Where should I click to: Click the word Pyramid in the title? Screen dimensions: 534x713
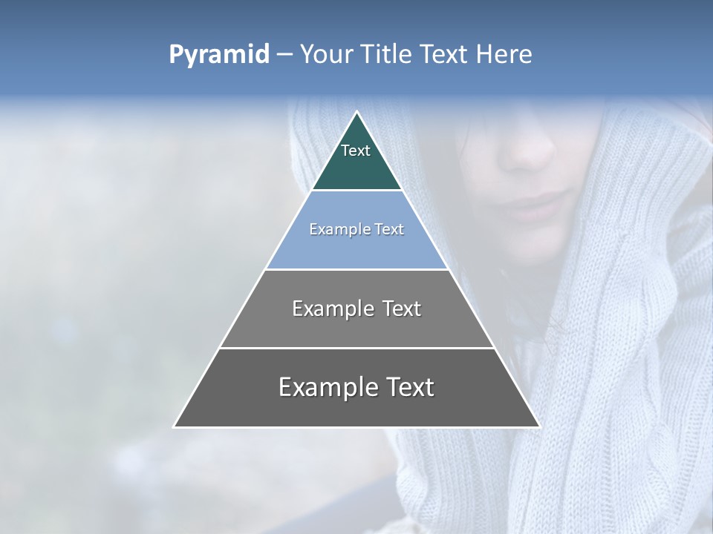tap(218, 55)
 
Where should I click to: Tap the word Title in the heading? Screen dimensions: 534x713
tap(387, 55)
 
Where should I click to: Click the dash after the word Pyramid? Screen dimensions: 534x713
tap(284, 56)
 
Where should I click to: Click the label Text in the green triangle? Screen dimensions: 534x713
tap(356, 151)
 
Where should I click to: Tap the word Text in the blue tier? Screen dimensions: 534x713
tap(389, 229)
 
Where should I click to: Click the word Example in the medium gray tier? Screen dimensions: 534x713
tap(331, 309)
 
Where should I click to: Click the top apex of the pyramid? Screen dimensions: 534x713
tap(356, 112)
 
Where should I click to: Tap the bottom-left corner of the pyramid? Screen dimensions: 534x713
tap(175, 426)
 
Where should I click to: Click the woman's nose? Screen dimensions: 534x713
tap(528, 151)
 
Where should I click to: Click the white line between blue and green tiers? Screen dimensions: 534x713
tap(356, 191)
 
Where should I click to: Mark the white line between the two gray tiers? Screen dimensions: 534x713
tap(356, 348)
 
